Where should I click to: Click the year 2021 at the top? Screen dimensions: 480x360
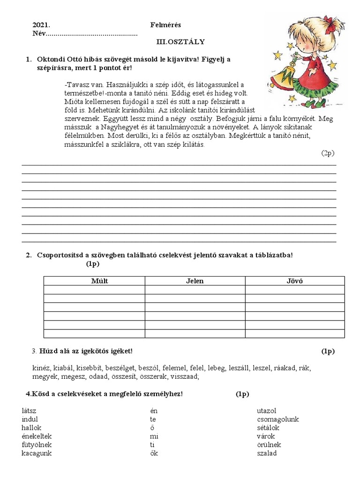pyautogui.click(x=41, y=25)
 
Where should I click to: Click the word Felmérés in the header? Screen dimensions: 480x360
pyautogui.click(x=165, y=25)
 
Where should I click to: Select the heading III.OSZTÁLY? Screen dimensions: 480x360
pyautogui.click(x=180, y=42)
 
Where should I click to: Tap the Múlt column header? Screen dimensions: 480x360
pyautogui.click(x=94, y=281)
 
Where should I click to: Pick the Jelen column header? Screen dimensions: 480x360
pyautogui.click(x=195, y=281)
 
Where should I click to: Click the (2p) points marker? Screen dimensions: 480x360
pyautogui.click(x=328, y=153)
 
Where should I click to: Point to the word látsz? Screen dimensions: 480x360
pyautogui.click(x=29, y=411)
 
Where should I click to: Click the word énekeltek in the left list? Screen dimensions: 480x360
pyautogui.click(x=36, y=436)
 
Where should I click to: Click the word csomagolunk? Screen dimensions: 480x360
pyautogui.click(x=278, y=419)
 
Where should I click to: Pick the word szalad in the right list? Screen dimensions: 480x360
pyautogui.click(x=267, y=453)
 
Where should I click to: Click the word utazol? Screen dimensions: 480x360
pyautogui.click(x=267, y=411)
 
